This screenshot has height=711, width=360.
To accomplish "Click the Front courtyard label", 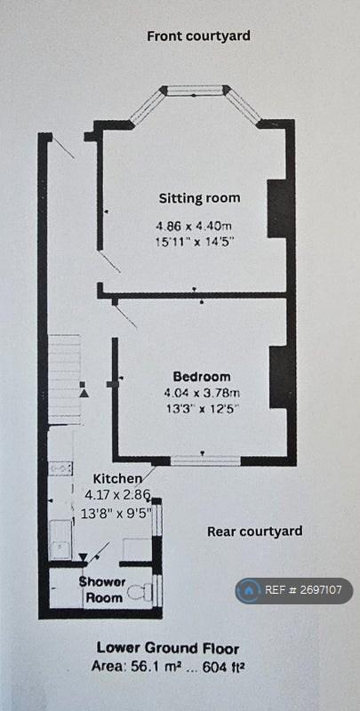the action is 198,36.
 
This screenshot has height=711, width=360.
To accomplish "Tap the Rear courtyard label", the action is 255,531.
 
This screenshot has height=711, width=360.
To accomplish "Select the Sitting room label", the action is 199,198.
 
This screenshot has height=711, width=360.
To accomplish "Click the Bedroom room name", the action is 202,376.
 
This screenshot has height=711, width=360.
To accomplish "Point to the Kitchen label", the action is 117,478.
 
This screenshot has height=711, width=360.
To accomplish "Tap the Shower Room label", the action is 102,590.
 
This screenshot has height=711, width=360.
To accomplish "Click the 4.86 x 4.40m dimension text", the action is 196,226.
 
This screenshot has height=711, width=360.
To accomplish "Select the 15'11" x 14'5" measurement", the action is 196,241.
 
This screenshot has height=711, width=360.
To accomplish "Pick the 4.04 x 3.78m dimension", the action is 202,392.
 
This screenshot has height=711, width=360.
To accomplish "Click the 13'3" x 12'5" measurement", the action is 201,408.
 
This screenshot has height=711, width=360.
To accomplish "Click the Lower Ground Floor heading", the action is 168,649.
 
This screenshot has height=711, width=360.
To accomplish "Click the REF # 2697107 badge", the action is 294,590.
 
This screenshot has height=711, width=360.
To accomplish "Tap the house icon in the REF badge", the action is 249,590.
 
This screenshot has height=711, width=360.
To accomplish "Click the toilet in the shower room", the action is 139,592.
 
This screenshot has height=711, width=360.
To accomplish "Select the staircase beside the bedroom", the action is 64,379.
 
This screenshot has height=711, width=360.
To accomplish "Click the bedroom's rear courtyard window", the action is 205,460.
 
